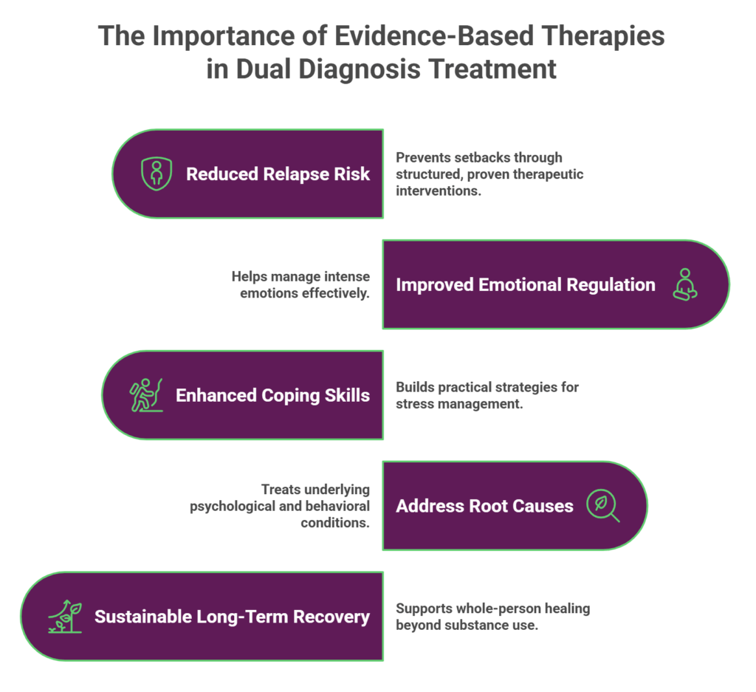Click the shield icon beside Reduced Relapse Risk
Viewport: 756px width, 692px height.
coord(157,174)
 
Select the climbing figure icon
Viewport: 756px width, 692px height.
coord(146,395)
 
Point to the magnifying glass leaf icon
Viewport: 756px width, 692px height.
coord(602,506)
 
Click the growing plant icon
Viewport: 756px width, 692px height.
coord(65,617)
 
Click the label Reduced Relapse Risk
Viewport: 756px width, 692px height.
coord(278,174)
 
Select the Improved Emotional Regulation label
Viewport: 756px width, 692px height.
coord(525,285)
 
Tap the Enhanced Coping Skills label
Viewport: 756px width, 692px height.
coord(272,395)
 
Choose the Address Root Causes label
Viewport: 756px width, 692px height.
coord(484,506)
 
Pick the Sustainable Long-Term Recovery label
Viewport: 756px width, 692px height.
coord(232,617)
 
